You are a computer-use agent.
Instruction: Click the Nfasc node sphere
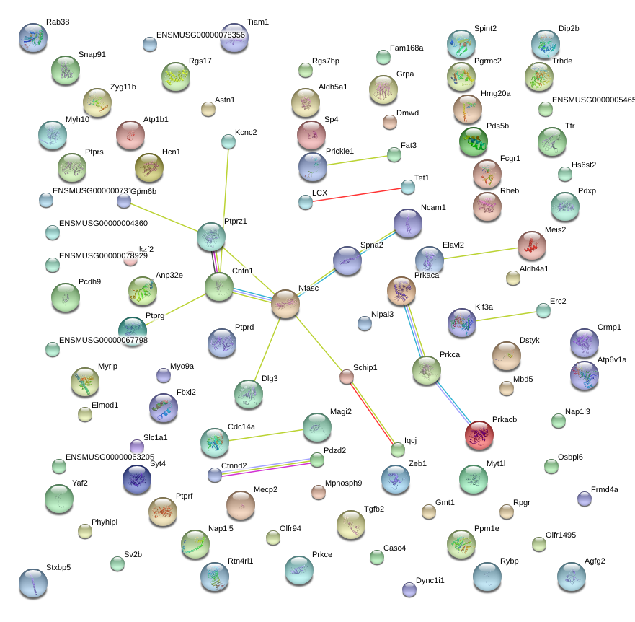[x=285, y=305]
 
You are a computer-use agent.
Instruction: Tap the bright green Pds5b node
[x=474, y=141]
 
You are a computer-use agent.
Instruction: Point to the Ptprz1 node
[x=211, y=237]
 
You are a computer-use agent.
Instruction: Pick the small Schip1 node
[x=347, y=376]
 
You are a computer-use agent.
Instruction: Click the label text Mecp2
[x=265, y=489]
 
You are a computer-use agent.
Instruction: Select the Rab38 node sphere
[x=33, y=38]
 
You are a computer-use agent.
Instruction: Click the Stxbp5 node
[x=32, y=583]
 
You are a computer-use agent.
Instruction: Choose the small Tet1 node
[x=408, y=187]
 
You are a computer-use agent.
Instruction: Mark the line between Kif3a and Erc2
[x=503, y=317]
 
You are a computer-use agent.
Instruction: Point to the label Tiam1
[x=257, y=22]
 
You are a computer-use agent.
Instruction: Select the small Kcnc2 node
[x=228, y=141]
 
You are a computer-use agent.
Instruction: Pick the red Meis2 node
[x=532, y=245]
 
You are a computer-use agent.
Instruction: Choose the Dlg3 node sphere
[x=249, y=393]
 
